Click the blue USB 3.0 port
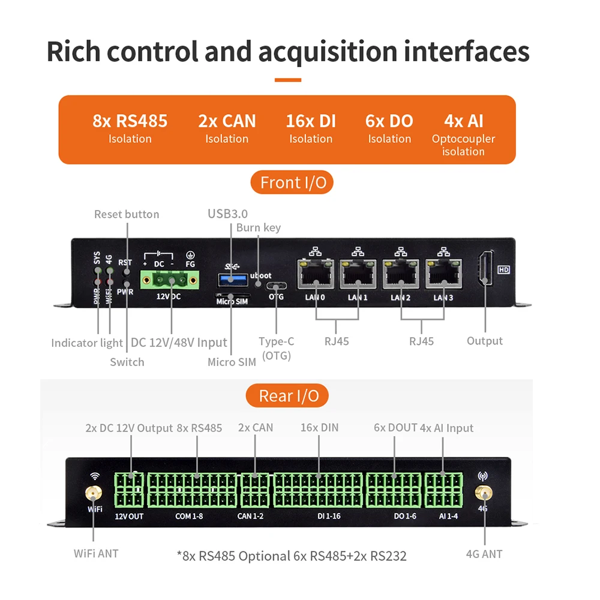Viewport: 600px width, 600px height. pos(232,280)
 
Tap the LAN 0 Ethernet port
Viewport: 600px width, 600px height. pos(316,274)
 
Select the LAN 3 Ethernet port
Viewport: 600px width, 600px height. pos(443,274)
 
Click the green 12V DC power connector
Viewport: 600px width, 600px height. pos(169,280)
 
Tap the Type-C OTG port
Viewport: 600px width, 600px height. pos(276,286)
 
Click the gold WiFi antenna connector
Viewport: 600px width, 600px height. pos(94,493)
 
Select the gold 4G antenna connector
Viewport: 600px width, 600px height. pos(483,493)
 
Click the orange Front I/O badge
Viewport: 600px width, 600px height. pos(292,182)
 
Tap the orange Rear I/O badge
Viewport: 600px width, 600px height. pos(287,395)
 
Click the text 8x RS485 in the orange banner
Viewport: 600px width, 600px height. pos(130,121)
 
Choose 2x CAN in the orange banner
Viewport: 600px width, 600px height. pos(227,121)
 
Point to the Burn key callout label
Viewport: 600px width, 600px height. pos(259,227)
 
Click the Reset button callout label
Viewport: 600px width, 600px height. pos(127,214)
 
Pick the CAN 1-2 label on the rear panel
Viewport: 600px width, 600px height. pos(250,516)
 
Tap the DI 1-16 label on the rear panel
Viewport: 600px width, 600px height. pos(329,516)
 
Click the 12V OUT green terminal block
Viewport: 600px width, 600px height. pos(129,490)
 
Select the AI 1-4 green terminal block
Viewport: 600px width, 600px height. pos(443,490)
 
